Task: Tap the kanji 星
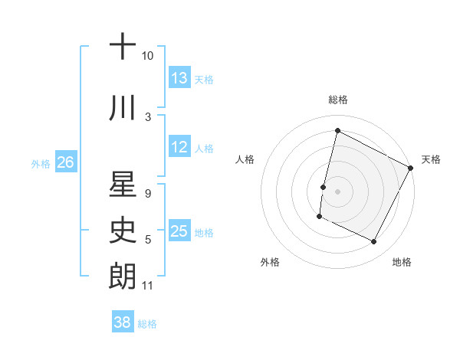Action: coord(123,183)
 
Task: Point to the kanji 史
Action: coord(123,230)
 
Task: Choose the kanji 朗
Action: coord(123,276)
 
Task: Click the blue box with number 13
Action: coord(179,78)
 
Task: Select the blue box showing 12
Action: coord(179,148)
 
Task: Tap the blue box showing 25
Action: coord(179,232)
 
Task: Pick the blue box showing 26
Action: coord(65,162)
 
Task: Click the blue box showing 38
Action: coord(123,323)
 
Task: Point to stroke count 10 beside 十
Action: coord(147,56)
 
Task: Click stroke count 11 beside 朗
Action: coord(147,286)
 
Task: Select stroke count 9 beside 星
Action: coord(147,194)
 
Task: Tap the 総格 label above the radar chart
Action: coord(337,100)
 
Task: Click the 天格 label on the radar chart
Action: coord(431,159)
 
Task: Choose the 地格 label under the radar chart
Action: coord(402,262)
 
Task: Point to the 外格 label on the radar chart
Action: coord(270,262)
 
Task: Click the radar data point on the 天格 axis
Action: coord(412,168)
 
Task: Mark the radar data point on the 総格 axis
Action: coord(337,131)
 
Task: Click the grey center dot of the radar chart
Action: coord(337,191)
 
